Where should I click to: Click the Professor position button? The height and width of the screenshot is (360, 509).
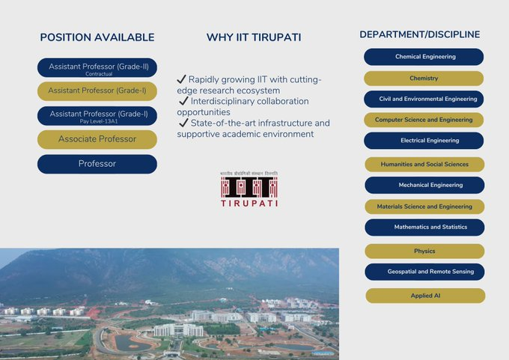[x=97, y=164]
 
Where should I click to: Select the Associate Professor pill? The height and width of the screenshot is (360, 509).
[x=97, y=139]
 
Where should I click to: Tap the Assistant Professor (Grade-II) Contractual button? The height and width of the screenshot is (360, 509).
[x=97, y=68]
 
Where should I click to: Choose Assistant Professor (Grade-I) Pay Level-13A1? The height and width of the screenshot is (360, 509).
[x=97, y=116]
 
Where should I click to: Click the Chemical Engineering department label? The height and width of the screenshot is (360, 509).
[x=424, y=57]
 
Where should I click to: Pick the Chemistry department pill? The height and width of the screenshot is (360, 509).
[x=424, y=78]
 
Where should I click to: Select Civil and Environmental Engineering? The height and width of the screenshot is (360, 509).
[x=424, y=99]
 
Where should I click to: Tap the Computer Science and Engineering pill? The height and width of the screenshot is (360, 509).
[x=424, y=120]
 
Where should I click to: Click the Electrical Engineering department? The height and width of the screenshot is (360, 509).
[x=424, y=141]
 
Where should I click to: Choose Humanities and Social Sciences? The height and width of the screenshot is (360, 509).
[x=424, y=164]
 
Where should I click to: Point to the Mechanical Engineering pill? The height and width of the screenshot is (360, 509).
[x=424, y=185]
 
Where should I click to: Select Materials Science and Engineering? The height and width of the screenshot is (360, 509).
[x=424, y=207]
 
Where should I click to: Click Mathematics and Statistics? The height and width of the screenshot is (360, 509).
[x=424, y=227]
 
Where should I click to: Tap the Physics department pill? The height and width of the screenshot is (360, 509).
[x=424, y=251]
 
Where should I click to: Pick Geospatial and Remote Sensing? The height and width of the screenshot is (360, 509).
[x=424, y=272]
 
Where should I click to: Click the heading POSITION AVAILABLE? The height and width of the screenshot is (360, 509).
[x=97, y=37]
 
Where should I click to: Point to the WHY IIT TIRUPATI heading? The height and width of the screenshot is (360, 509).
[x=254, y=37]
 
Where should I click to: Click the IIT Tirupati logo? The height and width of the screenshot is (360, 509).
[x=249, y=189]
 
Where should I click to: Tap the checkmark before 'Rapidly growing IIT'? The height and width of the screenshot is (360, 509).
[x=181, y=79]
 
